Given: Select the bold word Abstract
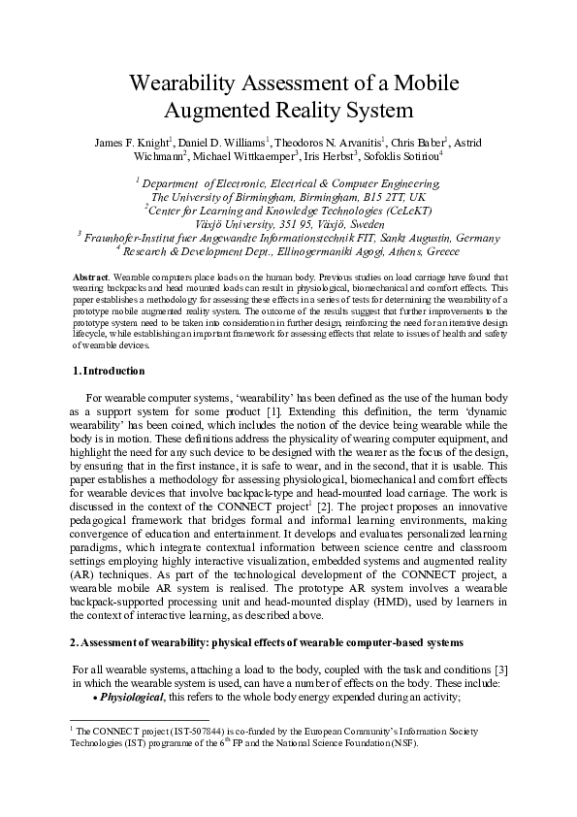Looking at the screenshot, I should click(91, 278).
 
